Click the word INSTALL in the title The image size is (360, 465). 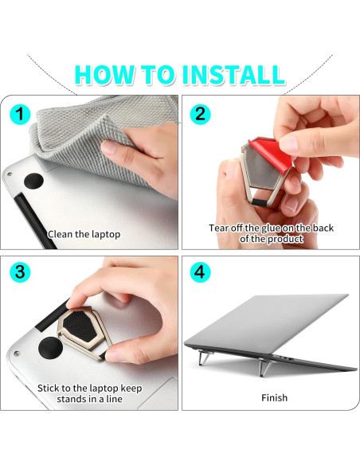click(233, 74)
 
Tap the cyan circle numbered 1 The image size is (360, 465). click(20, 114)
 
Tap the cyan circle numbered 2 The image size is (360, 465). click(200, 114)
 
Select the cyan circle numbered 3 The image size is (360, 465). click(20, 272)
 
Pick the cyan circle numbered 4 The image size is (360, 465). click(200, 272)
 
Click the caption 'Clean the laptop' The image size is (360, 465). click(84, 234)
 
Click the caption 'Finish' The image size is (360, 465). click(274, 397)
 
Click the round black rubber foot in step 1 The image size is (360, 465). click(33, 181)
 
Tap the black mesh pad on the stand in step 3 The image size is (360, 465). click(80, 326)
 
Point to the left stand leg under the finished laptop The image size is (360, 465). click(203, 358)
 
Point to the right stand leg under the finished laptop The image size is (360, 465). click(264, 366)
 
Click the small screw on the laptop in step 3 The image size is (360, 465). click(17, 353)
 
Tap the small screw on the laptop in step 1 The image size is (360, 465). click(10, 174)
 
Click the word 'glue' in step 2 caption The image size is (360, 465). click(271, 228)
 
